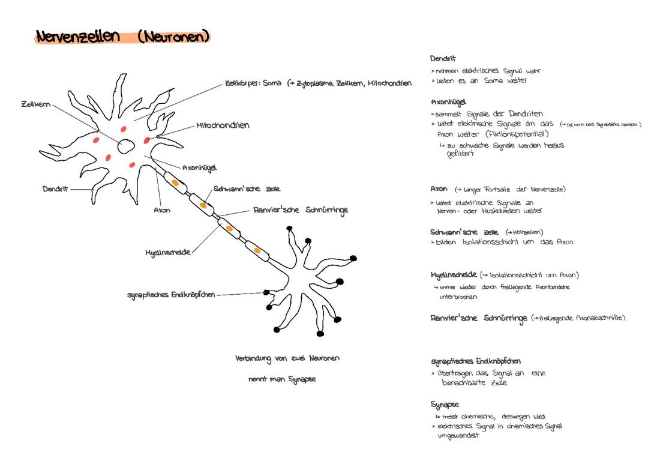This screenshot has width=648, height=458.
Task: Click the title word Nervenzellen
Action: coord(77,37)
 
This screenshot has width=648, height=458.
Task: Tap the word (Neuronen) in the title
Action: coord(173,37)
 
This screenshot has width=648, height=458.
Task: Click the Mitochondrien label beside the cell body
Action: coord(223,126)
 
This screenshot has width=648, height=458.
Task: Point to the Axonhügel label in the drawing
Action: coord(200,168)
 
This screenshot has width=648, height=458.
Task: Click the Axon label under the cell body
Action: coord(162,211)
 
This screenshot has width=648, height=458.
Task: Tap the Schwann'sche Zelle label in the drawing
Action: coord(247,189)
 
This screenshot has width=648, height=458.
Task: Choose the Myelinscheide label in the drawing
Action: coord(167,253)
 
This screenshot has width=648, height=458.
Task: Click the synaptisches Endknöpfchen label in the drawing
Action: coord(170,295)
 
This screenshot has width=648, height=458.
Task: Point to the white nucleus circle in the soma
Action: coord(127,146)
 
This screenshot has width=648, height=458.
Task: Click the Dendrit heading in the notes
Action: coord(443,59)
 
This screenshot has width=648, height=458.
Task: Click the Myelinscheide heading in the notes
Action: coord(454,275)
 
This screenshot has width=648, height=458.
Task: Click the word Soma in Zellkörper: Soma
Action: coord(272,83)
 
